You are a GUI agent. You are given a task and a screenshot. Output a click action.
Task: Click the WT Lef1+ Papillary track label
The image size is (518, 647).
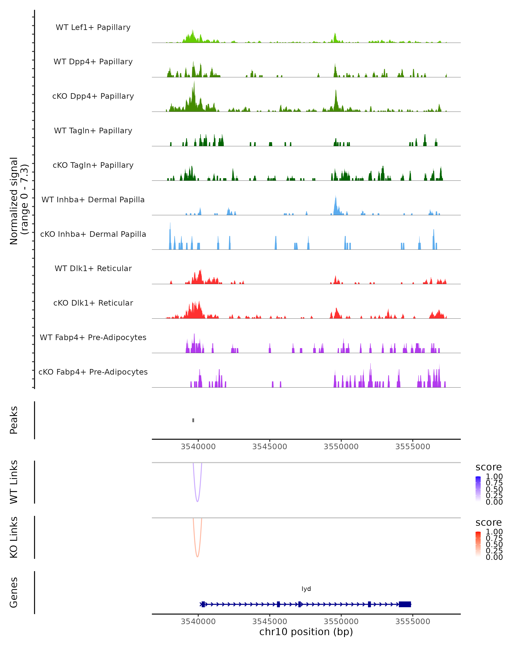93,27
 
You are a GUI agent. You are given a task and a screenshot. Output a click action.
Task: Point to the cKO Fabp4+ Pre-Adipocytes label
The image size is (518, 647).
93,372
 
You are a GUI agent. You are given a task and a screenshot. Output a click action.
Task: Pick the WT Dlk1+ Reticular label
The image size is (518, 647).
93,268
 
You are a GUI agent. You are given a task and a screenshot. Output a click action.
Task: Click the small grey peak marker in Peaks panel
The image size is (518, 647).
193,420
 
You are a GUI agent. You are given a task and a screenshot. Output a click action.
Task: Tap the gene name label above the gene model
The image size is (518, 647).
306,589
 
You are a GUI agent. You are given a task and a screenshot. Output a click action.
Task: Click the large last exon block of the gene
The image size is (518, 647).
405,604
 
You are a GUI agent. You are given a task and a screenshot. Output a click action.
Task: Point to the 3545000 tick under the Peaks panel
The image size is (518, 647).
270,447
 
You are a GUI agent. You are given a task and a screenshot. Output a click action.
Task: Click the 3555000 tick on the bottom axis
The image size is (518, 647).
413,622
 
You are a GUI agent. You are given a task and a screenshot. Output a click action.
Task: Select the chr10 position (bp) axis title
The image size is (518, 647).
306,632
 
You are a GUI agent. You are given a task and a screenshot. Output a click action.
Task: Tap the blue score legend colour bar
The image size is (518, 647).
478,488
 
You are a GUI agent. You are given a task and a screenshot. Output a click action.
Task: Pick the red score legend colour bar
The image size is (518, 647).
478,544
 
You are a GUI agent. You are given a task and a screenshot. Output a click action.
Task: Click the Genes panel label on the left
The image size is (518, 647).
14,592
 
